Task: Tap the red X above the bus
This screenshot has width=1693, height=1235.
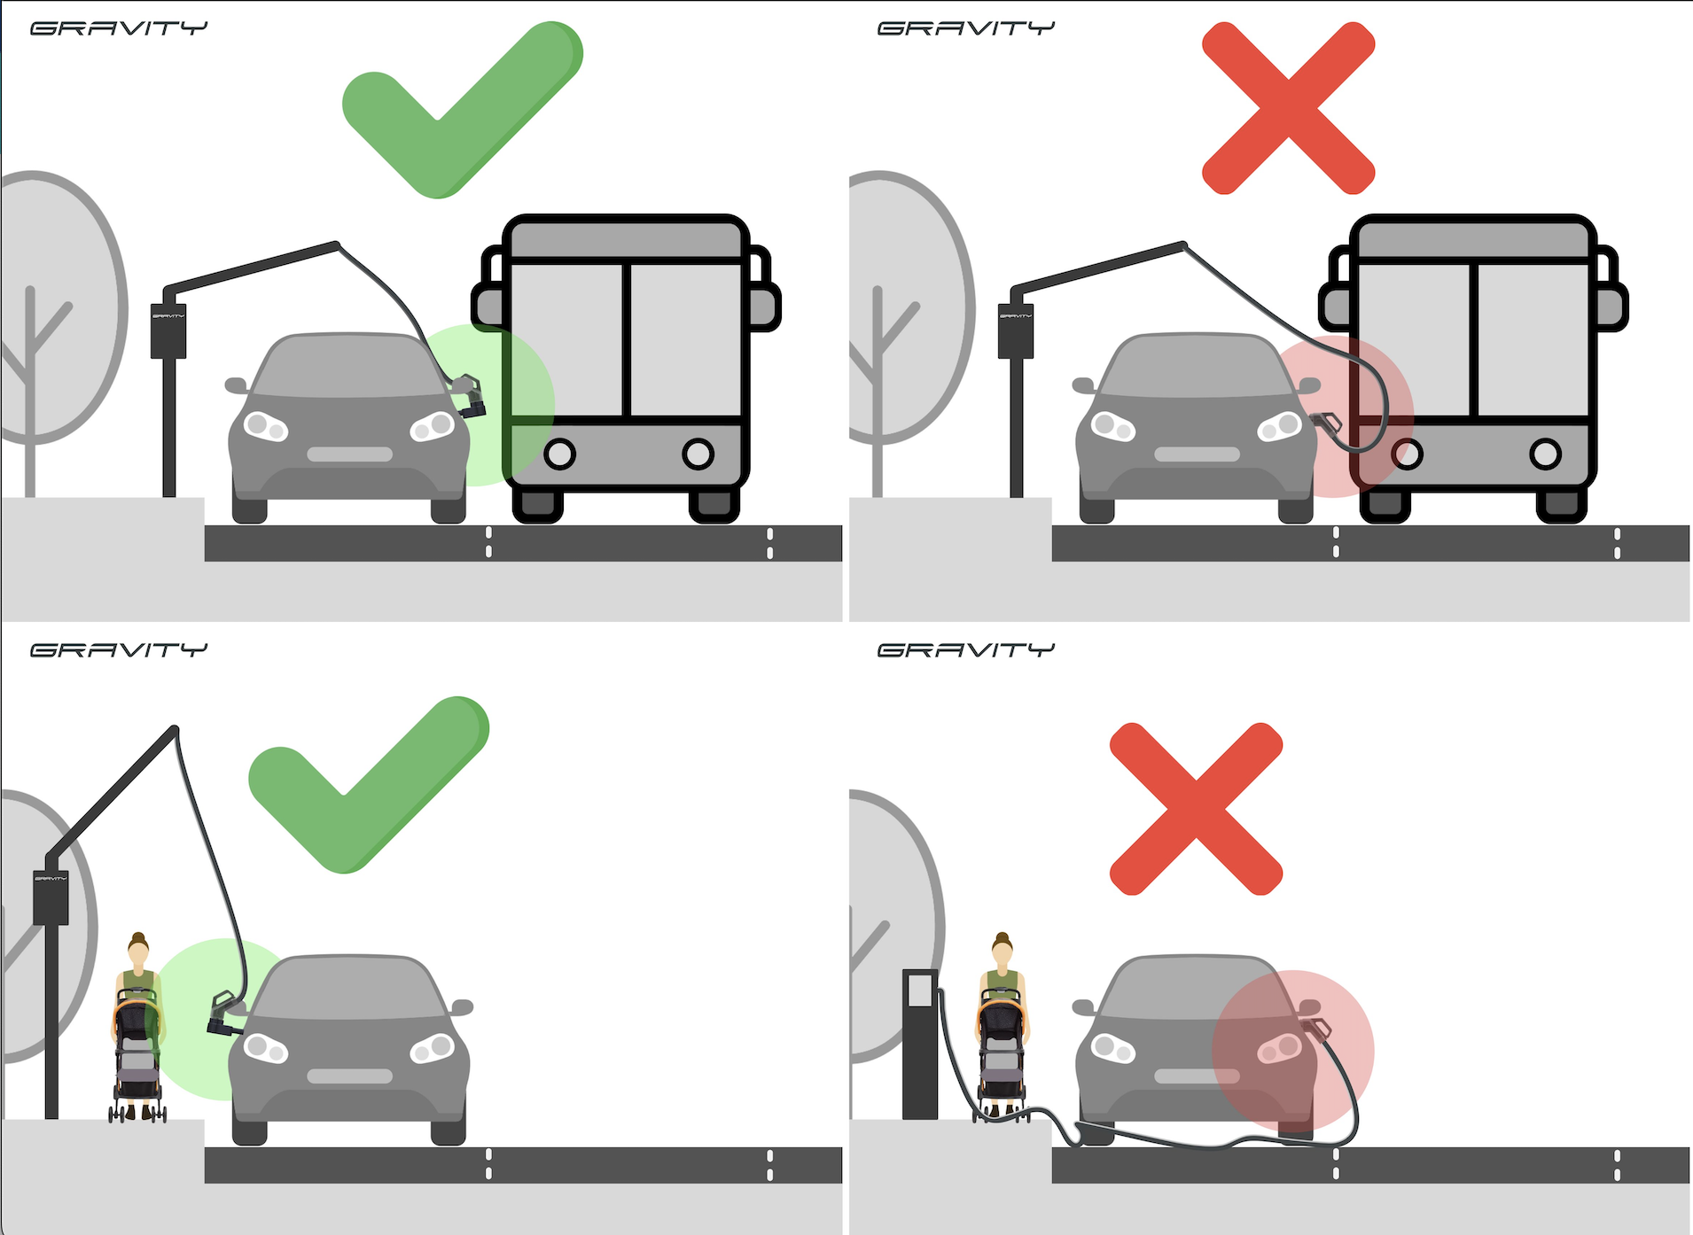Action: point(1288,108)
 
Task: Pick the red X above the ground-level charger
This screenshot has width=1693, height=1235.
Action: point(1196,808)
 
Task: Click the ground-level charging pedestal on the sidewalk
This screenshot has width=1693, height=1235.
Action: point(920,1044)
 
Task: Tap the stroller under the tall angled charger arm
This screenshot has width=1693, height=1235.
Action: point(137,1059)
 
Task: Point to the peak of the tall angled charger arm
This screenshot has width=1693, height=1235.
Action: point(175,730)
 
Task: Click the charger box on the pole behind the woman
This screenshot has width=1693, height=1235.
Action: point(51,897)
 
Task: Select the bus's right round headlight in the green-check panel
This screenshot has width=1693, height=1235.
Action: point(698,454)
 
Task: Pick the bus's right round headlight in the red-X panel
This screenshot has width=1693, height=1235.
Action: point(1546,454)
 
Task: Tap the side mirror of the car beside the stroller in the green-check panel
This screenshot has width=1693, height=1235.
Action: point(462,1007)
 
